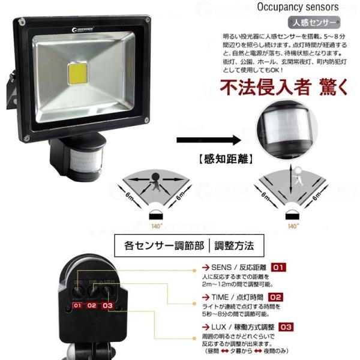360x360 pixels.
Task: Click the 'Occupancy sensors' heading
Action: point(298,8)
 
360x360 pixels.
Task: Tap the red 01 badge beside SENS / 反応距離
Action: point(279,266)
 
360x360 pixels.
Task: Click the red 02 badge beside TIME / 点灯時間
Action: point(276,296)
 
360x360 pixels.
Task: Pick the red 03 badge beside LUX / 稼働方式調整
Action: point(286,327)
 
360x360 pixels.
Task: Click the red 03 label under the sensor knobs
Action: point(107,306)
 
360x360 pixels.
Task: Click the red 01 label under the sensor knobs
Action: point(77,306)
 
